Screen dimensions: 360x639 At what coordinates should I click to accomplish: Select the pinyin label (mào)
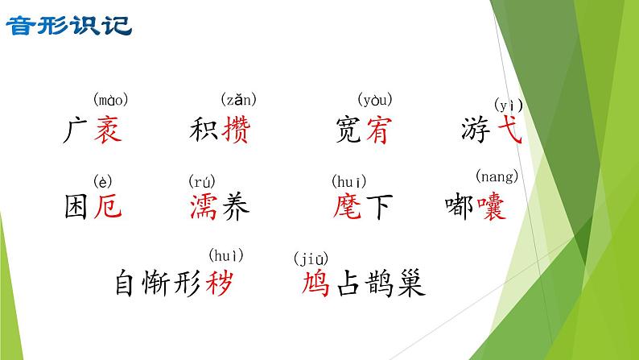pos(111,101)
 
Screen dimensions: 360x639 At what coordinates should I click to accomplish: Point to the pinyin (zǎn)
pos(238,101)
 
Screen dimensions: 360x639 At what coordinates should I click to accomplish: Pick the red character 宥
pos(375,130)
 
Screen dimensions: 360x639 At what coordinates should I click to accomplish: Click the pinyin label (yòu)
pos(374,101)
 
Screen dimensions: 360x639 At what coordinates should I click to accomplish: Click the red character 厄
pos(107,208)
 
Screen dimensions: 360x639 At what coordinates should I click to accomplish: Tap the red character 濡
pos(202,208)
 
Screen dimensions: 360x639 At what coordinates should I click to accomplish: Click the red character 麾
pos(347,208)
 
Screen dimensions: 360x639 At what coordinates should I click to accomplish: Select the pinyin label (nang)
pos(497,176)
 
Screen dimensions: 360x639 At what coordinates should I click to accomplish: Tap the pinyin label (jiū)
pos(311,259)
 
